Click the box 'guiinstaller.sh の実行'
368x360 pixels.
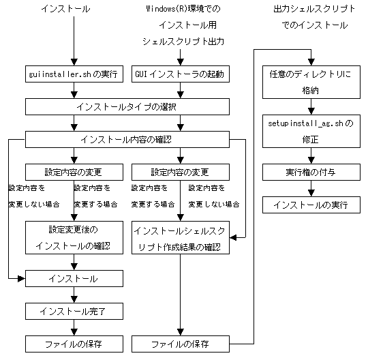pos(74,74)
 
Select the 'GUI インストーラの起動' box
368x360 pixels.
pos(181,74)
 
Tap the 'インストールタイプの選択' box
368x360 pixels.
pos(127,106)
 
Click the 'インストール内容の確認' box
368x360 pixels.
pos(127,140)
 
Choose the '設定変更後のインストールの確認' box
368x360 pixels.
pos(74,238)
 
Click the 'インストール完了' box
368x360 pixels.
pos(74,311)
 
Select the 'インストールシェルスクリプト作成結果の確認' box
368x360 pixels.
pos(181,238)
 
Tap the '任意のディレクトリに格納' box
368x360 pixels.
pos(311,82)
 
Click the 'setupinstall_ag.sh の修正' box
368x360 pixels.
pos(311,132)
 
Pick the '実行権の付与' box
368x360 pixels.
pos(311,172)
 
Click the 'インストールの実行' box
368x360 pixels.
pos(311,205)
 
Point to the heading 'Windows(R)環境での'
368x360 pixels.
pos(183,9)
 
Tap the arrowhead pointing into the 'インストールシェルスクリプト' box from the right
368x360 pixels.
pos(233,238)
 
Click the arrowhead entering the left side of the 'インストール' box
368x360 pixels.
pos(22,278)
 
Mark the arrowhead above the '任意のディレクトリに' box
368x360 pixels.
pos(311,62)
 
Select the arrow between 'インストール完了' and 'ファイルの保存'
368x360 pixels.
pos(74,327)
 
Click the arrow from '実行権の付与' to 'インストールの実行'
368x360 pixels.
pos(311,189)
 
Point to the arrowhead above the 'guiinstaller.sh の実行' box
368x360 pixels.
pos(74,62)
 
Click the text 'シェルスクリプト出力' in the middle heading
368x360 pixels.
pos(183,42)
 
